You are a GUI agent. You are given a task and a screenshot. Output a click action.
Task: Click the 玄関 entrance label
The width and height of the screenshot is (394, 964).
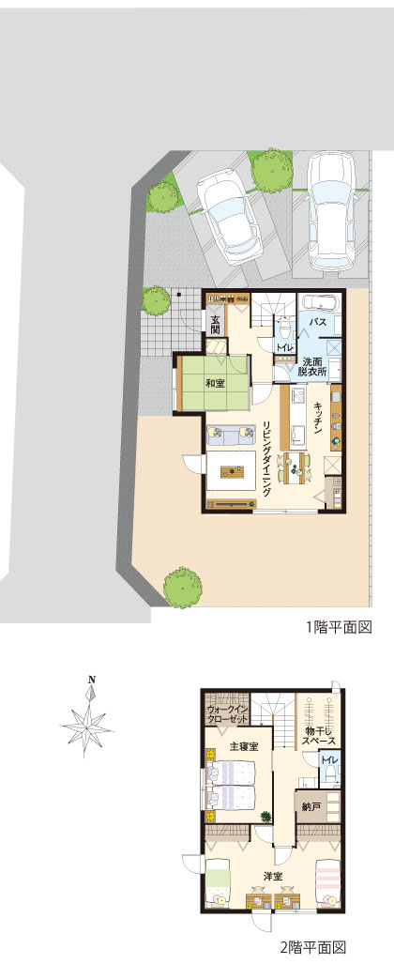tap(216, 324)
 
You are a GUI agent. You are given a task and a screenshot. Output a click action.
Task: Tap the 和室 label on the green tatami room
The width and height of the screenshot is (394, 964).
tap(214, 384)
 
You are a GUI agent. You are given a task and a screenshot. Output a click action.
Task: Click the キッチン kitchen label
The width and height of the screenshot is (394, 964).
tap(319, 419)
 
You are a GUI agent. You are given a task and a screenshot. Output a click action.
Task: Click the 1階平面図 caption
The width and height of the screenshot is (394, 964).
tap(340, 627)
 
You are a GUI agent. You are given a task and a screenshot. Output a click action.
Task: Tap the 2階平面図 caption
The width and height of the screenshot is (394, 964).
tap(313, 947)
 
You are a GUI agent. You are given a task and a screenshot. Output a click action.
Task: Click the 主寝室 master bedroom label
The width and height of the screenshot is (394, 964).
tap(243, 746)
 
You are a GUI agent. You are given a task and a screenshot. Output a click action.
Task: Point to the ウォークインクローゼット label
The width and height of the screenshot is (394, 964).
tap(227, 714)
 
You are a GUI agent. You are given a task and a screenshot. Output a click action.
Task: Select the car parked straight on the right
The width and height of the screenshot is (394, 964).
tap(332, 211)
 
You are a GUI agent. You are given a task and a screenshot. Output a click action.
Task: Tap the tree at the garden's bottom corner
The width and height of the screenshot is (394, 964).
tap(182, 588)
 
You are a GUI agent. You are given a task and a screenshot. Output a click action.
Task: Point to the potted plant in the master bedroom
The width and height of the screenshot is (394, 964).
tap(266, 817)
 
